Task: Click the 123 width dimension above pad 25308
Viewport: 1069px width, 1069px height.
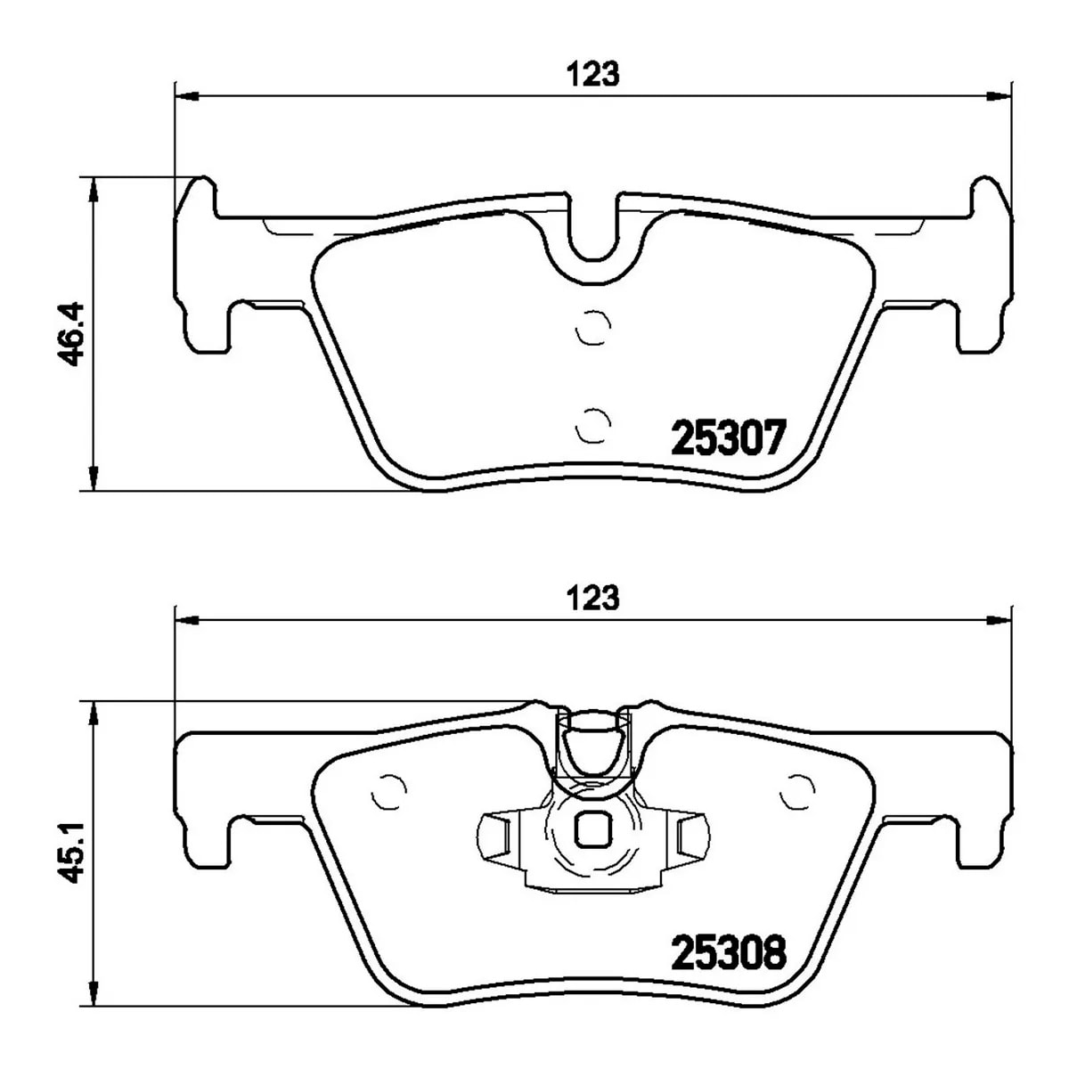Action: (x=592, y=598)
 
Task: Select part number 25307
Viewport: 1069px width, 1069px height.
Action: (x=729, y=437)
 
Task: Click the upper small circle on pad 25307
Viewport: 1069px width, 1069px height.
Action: (x=593, y=327)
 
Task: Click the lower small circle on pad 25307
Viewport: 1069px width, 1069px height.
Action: (x=593, y=426)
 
